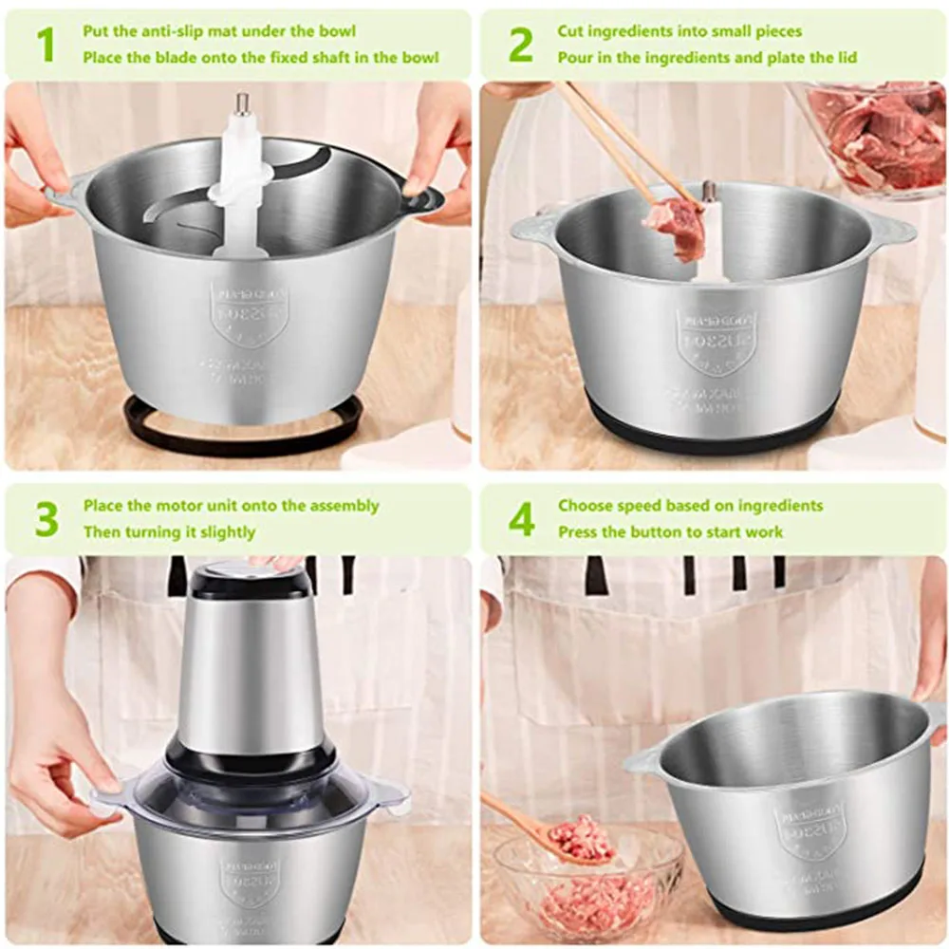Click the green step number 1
(x=45, y=45)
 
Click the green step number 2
(x=521, y=45)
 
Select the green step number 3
(x=46, y=519)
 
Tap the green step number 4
(x=522, y=519)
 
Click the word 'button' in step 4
(x=658, y=531)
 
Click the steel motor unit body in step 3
(x=251, y=674)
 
